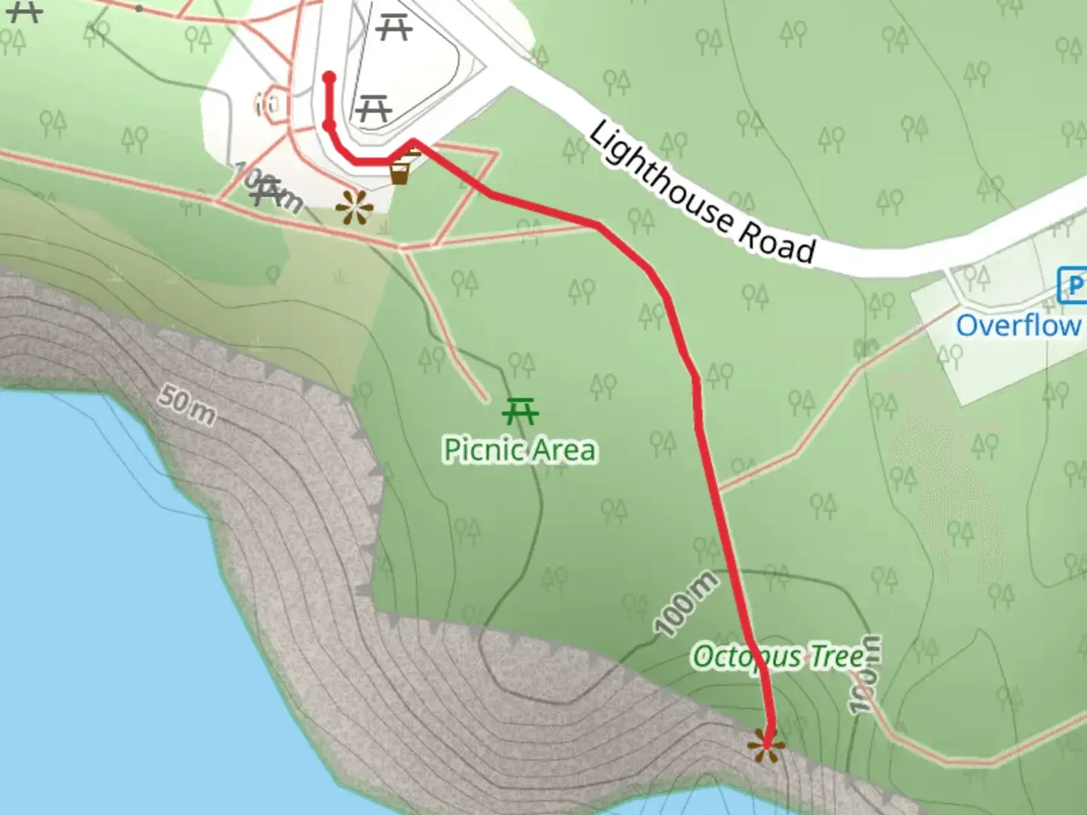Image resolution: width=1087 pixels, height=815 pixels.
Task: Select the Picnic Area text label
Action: coord(519,450)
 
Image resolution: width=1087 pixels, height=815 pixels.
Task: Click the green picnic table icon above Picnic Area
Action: coord(520,412)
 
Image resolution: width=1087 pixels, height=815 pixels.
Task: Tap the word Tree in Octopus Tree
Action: coord(837,657)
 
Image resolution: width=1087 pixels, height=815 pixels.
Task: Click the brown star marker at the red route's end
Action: coord(766,747)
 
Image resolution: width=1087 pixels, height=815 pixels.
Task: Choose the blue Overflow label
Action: coord(1018,326)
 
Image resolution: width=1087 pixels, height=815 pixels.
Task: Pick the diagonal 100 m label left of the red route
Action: coord(685,604)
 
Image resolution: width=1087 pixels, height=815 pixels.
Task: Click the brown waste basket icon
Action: coord(400,174)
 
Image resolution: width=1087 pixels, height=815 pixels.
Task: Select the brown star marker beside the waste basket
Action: coord(354,208)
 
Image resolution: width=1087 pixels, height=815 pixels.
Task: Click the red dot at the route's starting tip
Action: coord(329,77)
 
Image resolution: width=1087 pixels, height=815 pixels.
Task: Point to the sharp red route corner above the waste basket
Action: coord(413,141)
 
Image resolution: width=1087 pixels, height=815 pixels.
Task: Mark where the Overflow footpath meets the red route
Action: coord(718,488)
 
